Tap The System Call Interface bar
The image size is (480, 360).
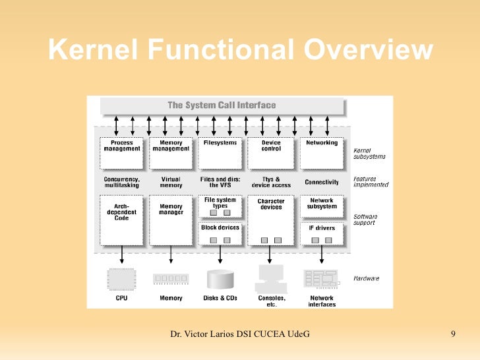click(222, 105)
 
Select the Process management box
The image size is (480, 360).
click(122, 152)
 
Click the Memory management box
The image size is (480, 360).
click(171, 152)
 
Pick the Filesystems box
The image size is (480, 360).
click(220, 152)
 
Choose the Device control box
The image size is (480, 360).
click(270, 152)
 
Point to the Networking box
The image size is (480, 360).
click(321, 152)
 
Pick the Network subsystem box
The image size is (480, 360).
click(322, 206)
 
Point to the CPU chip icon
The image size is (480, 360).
click(121, 278)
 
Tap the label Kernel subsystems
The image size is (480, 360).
click(369, 153)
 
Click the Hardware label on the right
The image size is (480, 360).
click(367, 278)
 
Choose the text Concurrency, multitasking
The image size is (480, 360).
click(121, 182)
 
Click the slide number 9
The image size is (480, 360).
click(453, 335)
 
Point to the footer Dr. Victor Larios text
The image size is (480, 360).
click(240, 336)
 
